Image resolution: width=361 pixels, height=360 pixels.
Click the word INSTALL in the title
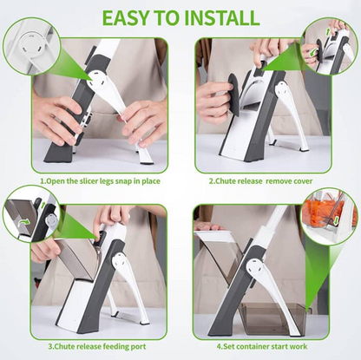(x=218, y=16)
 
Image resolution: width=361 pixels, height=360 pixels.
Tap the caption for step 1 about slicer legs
(x=99, y=181)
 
